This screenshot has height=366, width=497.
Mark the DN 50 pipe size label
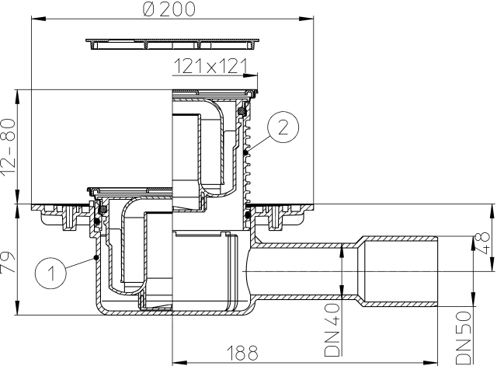pos(464,340)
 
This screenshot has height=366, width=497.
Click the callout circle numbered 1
pos(49,272)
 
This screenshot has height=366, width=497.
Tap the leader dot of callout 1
pos(94,256)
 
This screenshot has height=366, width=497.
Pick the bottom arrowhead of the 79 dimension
pos(18,313)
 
